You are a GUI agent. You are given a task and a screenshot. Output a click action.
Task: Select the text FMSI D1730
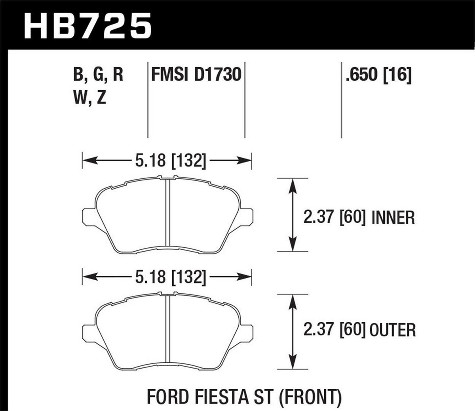point(196,75)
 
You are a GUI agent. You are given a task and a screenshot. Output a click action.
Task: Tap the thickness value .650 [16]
point(378,75)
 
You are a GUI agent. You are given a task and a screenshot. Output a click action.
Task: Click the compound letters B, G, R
point(98,75)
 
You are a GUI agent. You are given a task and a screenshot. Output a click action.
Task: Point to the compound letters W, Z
point(89,97)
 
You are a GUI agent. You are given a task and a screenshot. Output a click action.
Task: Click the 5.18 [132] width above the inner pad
point(171,161)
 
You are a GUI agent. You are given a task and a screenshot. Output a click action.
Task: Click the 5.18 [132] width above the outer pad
point(171,277)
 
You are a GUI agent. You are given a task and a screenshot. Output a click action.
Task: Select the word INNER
point(393,218)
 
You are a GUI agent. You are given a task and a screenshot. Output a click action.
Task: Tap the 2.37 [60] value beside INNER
point(334,218)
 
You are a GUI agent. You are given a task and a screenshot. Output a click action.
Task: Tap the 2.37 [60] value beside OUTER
point(334,330)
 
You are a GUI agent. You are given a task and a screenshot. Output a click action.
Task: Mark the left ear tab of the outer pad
point(89,333)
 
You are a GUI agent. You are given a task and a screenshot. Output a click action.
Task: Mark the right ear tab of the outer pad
point(246,333)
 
